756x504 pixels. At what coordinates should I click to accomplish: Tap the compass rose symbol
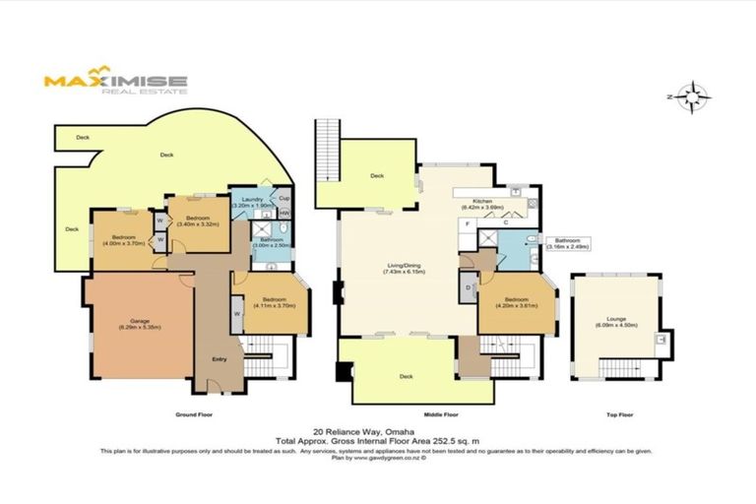(697, 96)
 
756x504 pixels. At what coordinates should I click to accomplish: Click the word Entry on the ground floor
(220, 358)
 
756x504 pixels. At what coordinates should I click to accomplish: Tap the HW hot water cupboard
(284, 214)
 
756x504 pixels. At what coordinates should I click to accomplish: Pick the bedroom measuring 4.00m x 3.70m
(122, 239)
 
